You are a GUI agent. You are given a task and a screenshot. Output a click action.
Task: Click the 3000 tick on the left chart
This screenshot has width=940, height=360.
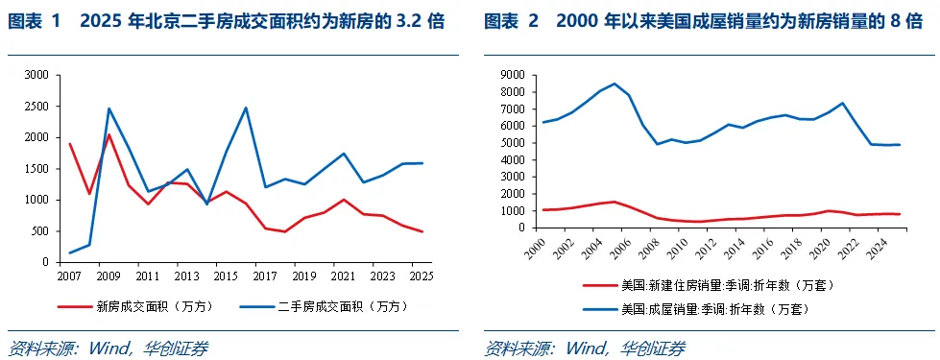coord(37,75)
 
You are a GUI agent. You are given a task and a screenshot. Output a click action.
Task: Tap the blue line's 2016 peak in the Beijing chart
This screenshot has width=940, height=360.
coord(246,108)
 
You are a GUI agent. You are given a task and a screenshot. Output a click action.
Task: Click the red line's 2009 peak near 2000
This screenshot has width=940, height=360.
coord(108,134)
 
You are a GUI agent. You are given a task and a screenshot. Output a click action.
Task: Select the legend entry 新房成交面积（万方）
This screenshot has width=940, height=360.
coord(135,306)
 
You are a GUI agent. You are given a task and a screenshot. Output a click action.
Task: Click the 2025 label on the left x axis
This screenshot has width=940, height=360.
coord(421,276)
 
